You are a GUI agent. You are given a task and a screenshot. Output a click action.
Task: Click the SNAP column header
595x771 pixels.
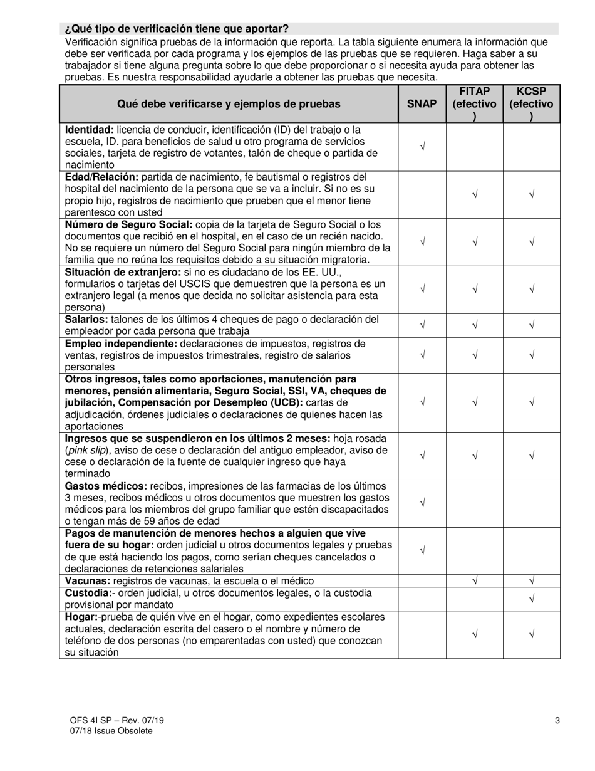(422, 104)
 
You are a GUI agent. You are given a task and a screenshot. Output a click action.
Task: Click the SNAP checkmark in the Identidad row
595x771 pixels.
(422, 147)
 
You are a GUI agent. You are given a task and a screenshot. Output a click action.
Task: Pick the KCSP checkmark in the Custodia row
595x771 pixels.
(531, 599)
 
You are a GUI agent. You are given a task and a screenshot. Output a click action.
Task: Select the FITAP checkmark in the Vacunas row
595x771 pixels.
(475, 581)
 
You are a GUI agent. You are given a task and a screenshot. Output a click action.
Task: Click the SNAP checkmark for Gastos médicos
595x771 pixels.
(422, 503)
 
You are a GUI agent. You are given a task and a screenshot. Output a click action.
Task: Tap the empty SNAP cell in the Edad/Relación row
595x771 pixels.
(422, 194)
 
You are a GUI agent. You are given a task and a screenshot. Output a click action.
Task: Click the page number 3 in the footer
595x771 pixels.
(557, 720)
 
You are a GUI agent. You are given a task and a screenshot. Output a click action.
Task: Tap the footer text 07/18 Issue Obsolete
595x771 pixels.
(111, 730)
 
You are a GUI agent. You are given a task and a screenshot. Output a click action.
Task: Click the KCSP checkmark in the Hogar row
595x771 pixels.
(531, 634)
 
